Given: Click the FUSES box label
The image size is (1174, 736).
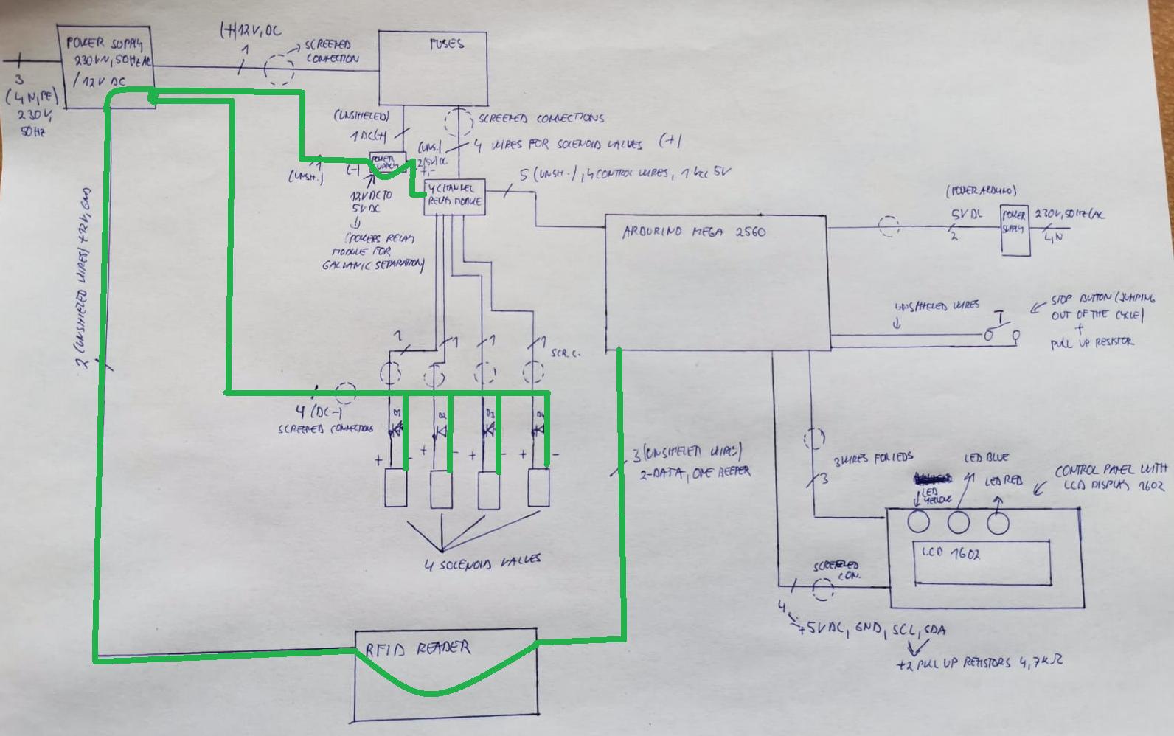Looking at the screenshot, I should pyautogui.click(x=446, y=44).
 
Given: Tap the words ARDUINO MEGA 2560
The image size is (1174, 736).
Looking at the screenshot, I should pyautogui.click(x=693, y=232).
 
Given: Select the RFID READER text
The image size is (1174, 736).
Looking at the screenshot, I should pyautogui.click(x=417, y=649).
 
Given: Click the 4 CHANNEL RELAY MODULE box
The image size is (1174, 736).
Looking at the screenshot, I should pyautogui.click(x=455, y=196).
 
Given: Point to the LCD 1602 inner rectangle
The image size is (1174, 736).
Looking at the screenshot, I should pyautogui.click(x=982, y=562).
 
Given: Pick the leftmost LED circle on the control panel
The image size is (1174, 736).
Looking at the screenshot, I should pyautogui.click(x=918, y=522).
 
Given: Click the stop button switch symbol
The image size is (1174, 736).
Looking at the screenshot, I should pyautogui.click(x=1001, y=330).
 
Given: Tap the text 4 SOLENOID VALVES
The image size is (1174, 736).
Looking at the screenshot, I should pyautogui.click(x=482, y=562).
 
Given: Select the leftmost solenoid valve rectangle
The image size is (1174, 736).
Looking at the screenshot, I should pyautogui.click(x=396, y=488).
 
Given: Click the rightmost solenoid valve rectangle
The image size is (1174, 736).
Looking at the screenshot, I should pyautogui.click(x=538, y=488).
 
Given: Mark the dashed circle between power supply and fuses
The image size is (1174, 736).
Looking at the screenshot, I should pyautogui.click(x=279, y=70).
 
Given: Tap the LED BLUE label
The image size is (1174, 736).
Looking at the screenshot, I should pyautogui.click(x=986, y=458).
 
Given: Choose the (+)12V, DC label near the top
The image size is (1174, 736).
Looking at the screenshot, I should pyautogui.click(x=250, y=31).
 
